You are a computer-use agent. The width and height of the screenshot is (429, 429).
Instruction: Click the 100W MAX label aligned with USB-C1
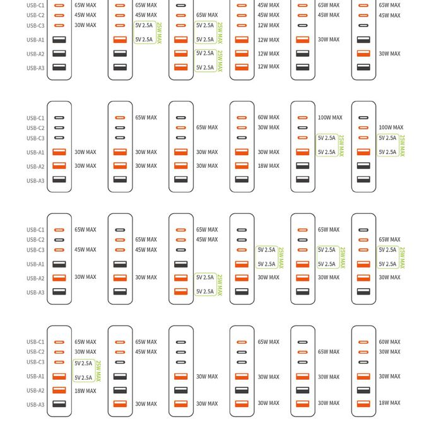point(330,117)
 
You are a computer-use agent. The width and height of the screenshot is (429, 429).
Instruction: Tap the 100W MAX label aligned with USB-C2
point(391,127)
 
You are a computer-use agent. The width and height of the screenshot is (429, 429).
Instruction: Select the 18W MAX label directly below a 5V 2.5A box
point(85,391)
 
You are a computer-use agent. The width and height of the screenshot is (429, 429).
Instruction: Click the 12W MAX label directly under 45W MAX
point(268,25)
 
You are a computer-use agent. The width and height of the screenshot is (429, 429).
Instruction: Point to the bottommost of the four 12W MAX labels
point(268,66)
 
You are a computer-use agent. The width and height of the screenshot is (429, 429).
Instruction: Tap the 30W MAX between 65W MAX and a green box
point(85,352)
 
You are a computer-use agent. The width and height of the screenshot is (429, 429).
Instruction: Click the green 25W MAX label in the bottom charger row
point(98,370)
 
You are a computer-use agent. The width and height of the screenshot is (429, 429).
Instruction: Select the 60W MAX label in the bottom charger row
point(389,342)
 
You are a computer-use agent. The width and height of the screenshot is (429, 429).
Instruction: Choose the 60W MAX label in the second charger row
point(268,117)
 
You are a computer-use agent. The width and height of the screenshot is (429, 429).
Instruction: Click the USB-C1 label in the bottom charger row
point(35,342)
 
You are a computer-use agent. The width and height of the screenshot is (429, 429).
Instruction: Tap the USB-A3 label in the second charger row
point(35,180)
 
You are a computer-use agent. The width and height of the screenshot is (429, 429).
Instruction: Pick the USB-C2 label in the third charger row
point(35,240)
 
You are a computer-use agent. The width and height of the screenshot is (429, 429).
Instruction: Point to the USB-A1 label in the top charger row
point(35,40)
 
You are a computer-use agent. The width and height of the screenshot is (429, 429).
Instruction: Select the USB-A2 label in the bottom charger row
point(35,391)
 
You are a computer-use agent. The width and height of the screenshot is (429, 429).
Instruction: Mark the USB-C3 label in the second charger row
point(35,138)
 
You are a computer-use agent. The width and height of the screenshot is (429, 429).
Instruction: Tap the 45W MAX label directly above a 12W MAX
point(268,15)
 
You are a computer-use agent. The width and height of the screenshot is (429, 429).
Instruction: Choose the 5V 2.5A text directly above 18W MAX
point(83,378)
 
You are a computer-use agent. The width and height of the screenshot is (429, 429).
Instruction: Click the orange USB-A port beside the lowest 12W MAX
point(242,67)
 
